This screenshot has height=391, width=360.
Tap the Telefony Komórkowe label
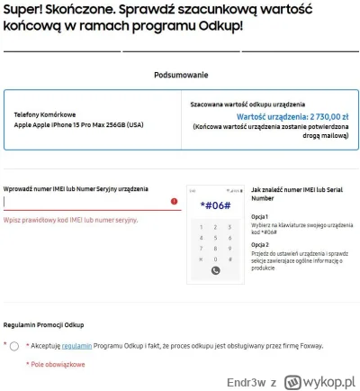click(44, 114)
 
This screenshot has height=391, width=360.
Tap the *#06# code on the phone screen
click(215, 206)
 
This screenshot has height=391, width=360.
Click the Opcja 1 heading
click(260, 216)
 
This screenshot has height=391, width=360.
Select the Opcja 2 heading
click(260, 244)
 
